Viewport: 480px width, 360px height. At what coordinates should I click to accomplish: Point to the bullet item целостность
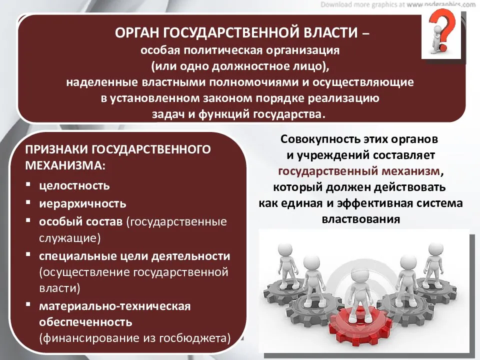[x=74, y=185]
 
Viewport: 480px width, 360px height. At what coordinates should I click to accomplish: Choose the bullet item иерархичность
[x=82, y=203]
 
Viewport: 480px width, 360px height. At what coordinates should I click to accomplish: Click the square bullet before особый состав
[x=28, y=220]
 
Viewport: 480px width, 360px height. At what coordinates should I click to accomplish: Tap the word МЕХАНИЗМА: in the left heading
[x=65, y=165]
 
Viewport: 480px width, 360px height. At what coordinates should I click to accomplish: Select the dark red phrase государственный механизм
[x=359, y=171]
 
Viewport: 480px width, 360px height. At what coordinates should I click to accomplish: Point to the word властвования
[x=361, y=219]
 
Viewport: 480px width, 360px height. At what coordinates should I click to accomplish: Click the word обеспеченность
[x=85, y=321]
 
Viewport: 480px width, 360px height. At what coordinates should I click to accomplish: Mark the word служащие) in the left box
[x=70, y=238]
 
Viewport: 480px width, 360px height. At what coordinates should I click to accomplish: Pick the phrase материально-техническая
[x=115, y=306]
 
